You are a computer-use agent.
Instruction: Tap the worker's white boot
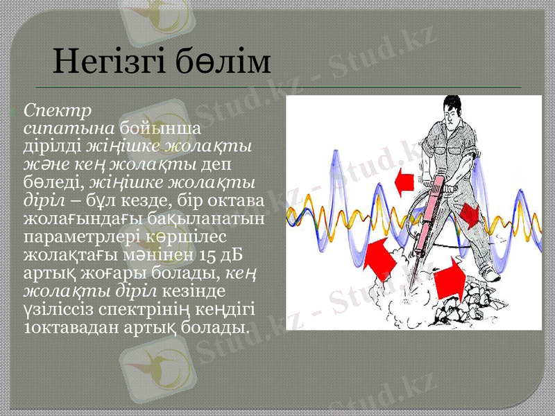492,275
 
